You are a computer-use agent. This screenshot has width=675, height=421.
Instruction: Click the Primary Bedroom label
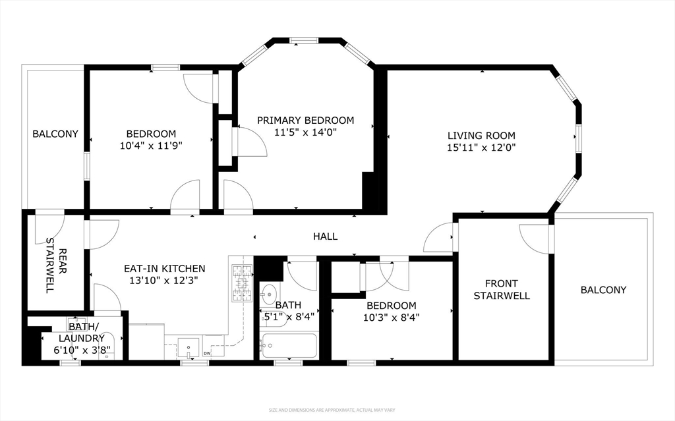[x=305, y=120]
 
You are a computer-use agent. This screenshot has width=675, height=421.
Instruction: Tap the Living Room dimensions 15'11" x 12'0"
[x=481, y=148]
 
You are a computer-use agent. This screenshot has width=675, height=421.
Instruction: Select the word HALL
[x=325, y=237]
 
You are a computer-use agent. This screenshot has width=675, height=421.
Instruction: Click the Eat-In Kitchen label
[x=165, y=269]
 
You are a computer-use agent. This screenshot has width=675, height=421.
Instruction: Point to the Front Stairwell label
[x=502, y=289]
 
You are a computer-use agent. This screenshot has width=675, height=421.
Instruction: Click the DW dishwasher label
[x=208, y=354]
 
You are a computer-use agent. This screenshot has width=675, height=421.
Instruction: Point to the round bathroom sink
[x=269, y=293]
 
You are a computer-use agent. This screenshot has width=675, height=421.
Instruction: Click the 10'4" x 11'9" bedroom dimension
[x=151, y=145]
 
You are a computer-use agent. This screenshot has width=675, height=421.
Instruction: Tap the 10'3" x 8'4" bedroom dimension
[x=392, y=317]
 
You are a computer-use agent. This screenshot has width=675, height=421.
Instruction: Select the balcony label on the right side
[x=603, y=290]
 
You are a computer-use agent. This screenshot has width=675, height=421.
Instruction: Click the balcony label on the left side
[x=55, y=134]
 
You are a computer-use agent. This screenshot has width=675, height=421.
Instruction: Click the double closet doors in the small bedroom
[x=384, y=275]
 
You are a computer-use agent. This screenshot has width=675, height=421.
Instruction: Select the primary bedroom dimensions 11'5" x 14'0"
[x=305, y=132]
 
